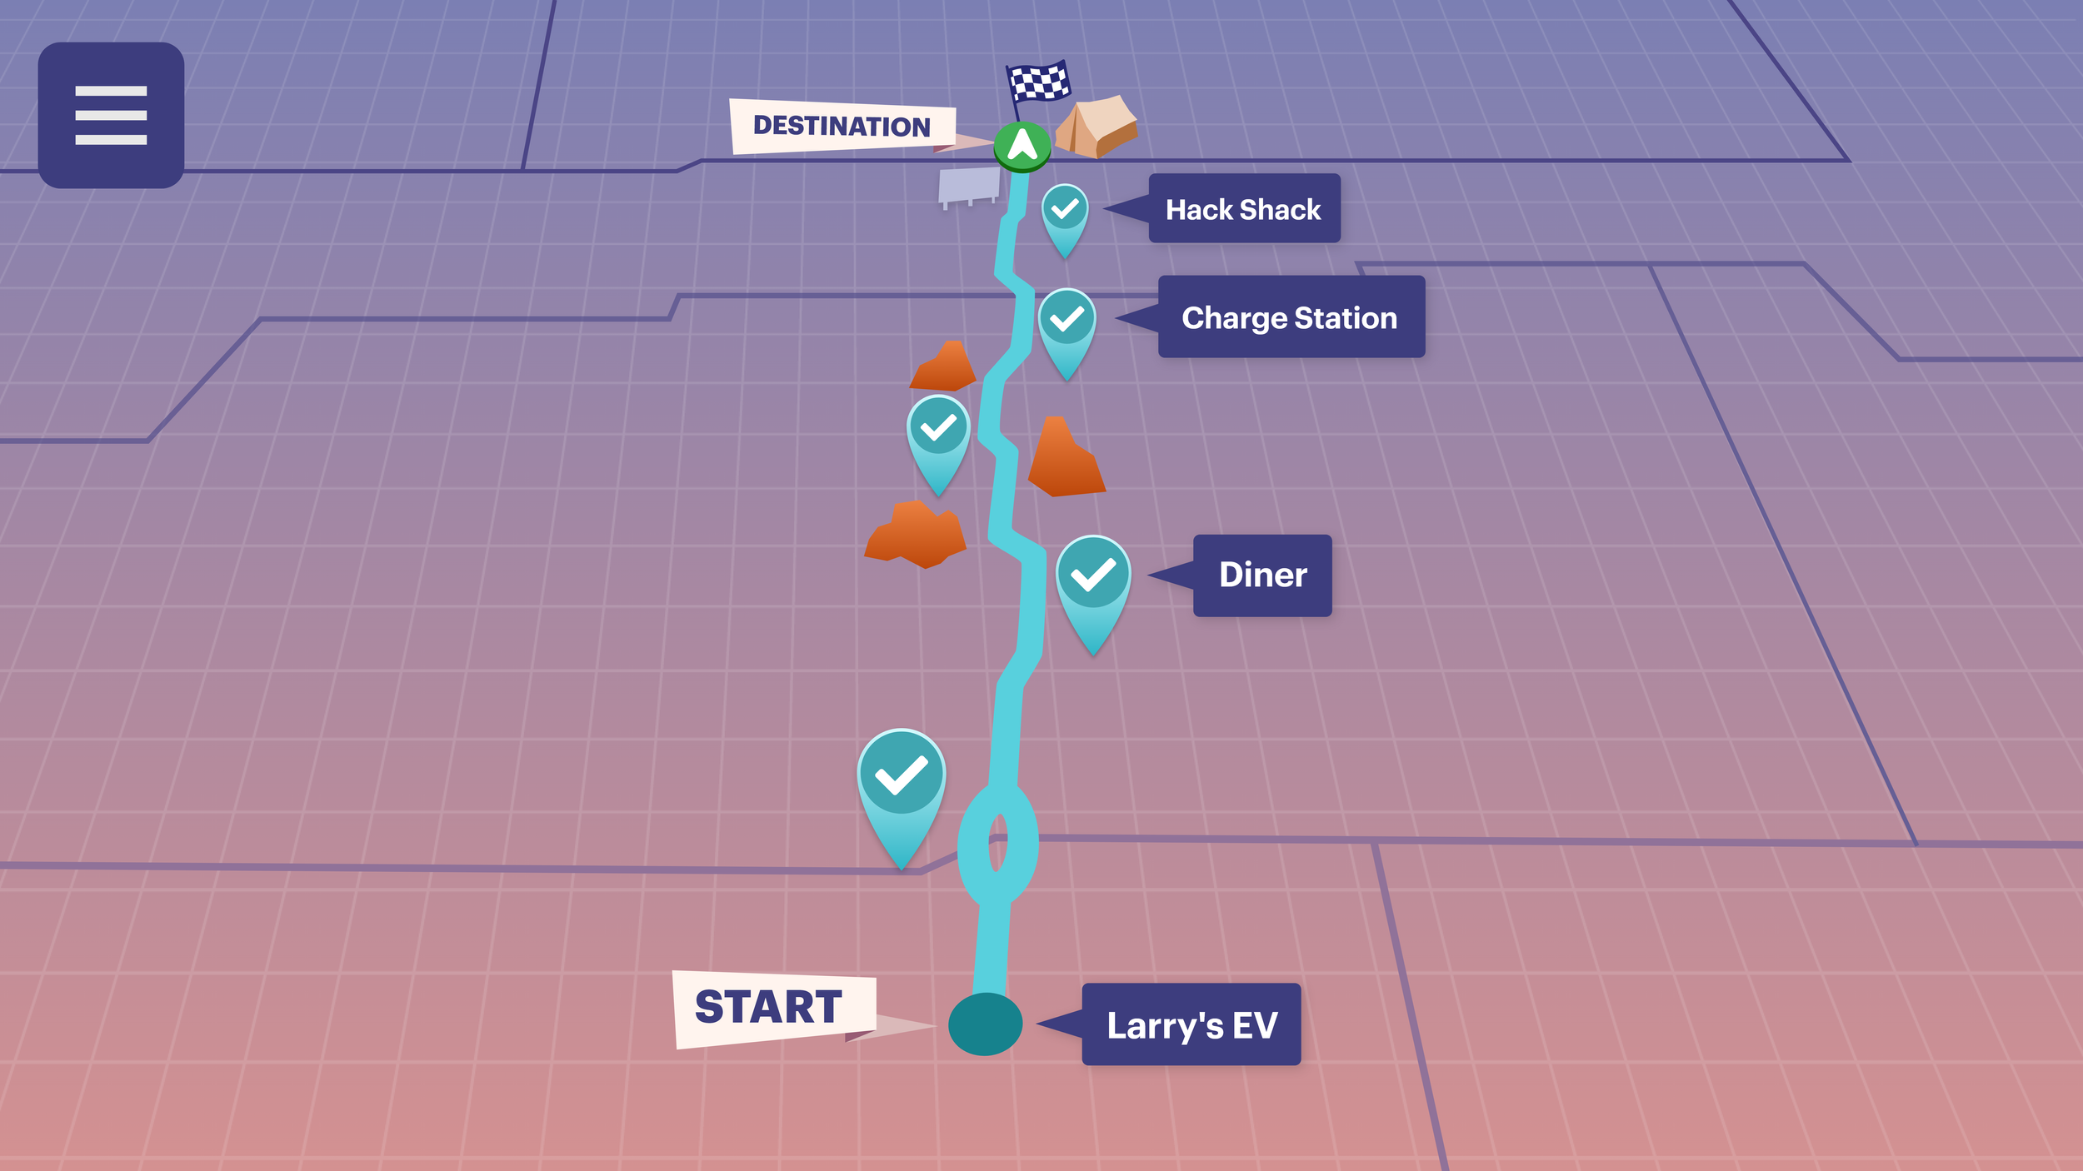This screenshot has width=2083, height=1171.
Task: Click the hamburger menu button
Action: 111,115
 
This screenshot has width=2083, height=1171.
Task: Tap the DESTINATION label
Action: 842,127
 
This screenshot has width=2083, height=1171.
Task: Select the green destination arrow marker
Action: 1022,146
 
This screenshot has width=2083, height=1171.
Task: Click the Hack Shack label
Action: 1243,209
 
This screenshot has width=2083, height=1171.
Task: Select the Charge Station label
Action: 1291,317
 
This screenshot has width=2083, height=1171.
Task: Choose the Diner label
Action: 1262,576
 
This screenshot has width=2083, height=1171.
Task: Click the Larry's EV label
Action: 1191,1024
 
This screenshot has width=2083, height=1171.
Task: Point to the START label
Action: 770,1008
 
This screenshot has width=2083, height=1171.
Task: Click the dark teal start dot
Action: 985,1024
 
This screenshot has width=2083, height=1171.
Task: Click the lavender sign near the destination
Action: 969,185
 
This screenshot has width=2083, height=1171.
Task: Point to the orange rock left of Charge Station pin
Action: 944,367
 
